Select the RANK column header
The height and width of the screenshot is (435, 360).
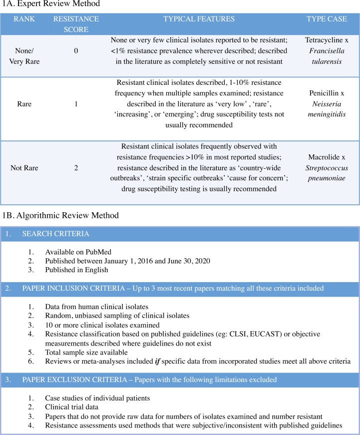[20, 19]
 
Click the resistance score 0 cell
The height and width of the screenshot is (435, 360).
[76, 51]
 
